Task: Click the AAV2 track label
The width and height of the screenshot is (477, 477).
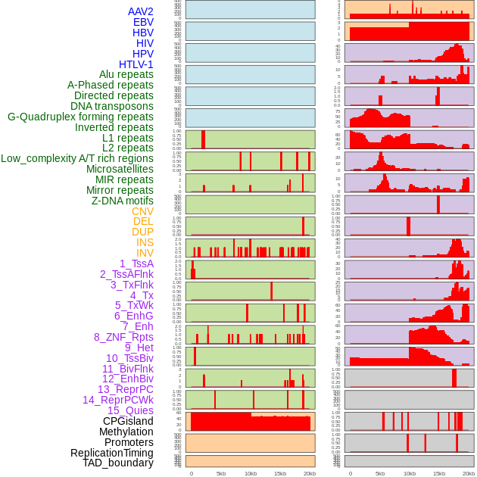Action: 141,11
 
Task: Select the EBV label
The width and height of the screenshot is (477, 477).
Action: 143,22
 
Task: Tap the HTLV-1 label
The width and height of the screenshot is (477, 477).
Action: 136,64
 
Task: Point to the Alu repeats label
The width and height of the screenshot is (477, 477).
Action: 126,74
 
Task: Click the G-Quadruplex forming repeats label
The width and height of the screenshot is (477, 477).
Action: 80,117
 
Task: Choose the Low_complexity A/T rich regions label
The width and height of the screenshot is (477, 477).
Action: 77,158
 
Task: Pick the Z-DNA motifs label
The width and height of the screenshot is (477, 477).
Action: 123,201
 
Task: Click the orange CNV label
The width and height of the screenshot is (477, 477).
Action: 142,211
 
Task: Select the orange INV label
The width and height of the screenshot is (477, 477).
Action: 145,253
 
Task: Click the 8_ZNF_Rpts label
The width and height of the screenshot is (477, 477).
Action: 123,337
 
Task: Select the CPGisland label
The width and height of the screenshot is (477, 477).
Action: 128,421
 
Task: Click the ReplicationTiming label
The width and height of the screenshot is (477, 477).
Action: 112,453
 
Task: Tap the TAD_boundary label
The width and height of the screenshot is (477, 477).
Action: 118,463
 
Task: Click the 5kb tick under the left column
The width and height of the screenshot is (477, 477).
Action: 220,473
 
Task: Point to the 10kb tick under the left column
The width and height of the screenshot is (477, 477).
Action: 250,473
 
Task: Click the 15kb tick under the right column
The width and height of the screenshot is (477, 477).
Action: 439,473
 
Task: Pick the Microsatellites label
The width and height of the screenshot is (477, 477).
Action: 120,169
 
